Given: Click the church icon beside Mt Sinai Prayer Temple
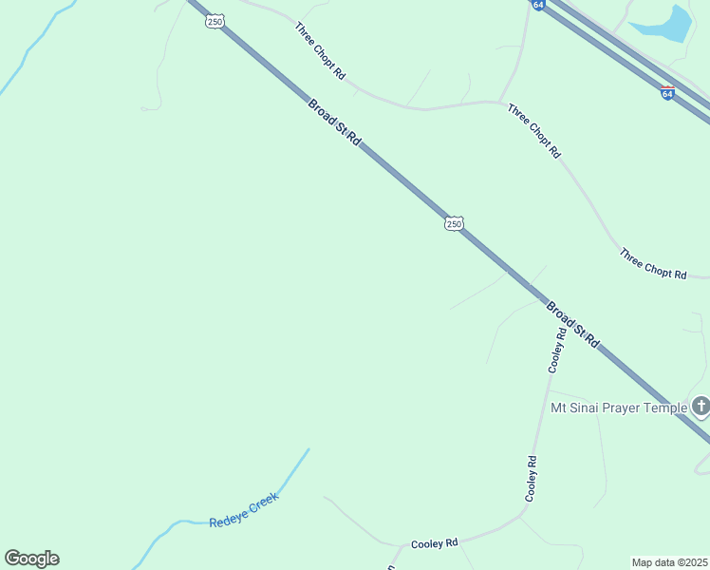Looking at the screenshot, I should click(701, 408).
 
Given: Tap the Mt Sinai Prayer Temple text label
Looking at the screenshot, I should click(619, 408).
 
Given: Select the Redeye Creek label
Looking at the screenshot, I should click(244, 514).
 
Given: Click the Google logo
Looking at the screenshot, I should click(31, 559).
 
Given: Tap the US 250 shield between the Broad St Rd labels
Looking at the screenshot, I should click(454, 223).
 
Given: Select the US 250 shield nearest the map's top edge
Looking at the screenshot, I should click(215, 22).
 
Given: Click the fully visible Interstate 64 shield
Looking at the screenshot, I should click(667, 93).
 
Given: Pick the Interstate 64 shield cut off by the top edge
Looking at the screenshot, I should click(538, 5).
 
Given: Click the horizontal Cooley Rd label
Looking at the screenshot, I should click(435, 543).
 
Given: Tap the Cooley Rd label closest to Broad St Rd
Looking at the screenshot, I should click(558, 349).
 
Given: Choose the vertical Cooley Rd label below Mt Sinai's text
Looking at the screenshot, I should click(532, 479).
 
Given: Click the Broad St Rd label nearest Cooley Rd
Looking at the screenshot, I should click(573, 325).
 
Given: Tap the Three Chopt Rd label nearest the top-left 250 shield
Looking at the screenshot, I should click(320, 49).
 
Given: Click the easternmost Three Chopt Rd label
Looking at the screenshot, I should click(652, 263).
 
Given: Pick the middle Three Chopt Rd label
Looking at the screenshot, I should click(534, 130).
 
